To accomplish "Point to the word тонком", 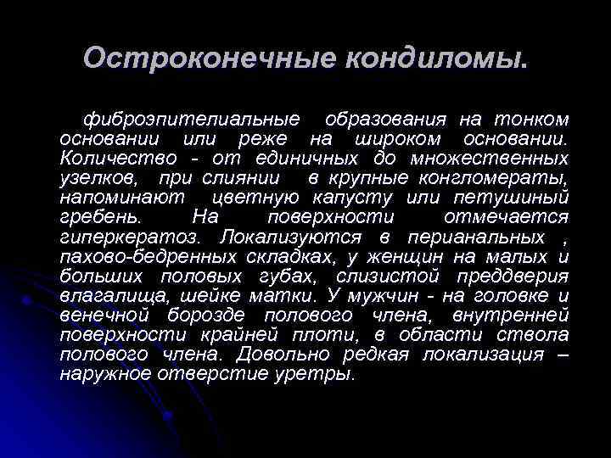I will tap(531, 118).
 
